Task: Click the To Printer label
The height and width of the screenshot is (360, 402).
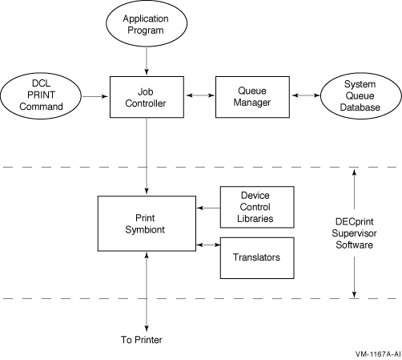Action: [x=142, y=340]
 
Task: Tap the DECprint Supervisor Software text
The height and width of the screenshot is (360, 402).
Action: [x=354, y=233]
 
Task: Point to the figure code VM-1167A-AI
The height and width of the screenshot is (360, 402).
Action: [x=378, y=354]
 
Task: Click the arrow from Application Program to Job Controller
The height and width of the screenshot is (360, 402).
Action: [x=147, y=61]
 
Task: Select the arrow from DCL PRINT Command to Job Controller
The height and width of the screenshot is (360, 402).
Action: [x=95, y=96]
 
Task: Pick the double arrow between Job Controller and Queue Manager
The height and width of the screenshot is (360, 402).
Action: [x=200, y=95]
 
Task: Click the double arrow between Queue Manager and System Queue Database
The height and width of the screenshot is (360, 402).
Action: [x=306, y=95]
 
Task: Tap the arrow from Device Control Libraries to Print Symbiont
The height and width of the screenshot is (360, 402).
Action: [x=208, y=208]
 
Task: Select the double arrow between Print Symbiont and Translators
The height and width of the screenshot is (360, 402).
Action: [x=208, y=245]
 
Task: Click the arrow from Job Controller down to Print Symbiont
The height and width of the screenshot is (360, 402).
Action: [x=147, y=156]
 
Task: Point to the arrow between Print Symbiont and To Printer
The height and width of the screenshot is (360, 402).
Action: [x=147, y=292]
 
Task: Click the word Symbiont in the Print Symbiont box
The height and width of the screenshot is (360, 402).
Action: [x=145, y=229]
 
